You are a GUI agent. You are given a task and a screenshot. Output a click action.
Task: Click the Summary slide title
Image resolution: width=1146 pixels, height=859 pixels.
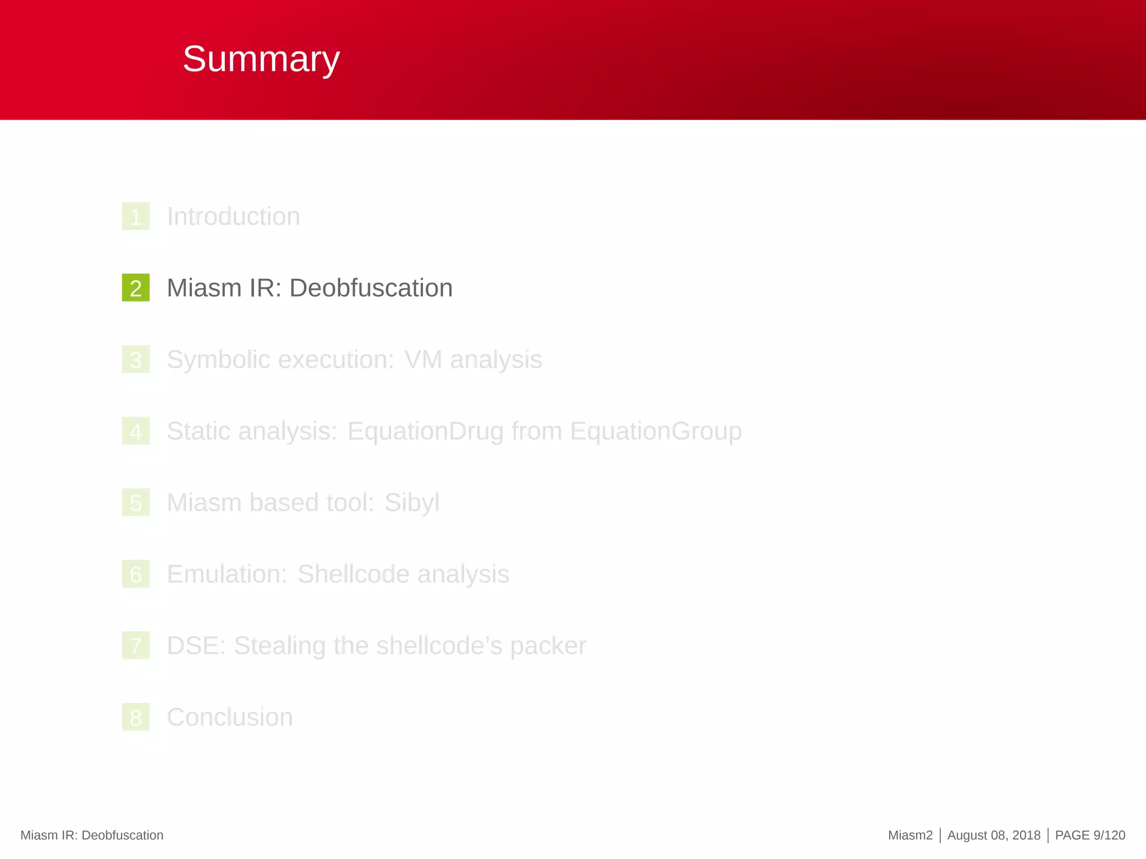tap(261, 59)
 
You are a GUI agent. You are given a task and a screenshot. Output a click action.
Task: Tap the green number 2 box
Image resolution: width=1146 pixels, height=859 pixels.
tap(136, 288)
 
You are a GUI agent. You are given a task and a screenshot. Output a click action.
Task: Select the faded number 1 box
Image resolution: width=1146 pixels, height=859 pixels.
tap(136, 216)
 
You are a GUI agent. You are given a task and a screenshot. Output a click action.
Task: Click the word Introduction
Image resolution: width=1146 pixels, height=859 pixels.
tap(233, 216)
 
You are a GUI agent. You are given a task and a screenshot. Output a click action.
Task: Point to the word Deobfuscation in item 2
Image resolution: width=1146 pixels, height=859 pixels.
tap(370, 288)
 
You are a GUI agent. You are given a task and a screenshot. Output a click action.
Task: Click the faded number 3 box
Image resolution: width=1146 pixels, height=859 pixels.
tap(136, 360)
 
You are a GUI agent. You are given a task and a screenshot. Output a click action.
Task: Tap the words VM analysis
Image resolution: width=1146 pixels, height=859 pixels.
tap(473, 360)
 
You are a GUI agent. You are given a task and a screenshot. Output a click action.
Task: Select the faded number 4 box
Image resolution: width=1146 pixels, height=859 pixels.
tap(136, 431)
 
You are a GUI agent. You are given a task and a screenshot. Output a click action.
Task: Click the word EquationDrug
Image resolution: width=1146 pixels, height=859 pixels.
tap(425, 431)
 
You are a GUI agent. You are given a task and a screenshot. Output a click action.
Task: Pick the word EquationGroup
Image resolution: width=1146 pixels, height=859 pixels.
tap(656, 431)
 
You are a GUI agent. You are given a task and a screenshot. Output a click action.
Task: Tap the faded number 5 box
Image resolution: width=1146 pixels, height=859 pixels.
tap(136, 503)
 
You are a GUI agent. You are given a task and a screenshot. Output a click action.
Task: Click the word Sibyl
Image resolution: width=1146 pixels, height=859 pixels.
tap(411, 503)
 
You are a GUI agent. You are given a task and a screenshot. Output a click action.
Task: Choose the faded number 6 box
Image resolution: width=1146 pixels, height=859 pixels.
tap(136, 574)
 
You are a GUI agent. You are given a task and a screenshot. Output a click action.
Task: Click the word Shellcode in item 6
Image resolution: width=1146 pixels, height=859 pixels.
tap(353, 574)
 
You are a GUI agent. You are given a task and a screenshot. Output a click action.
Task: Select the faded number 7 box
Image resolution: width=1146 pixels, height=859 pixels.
tap(136, 646)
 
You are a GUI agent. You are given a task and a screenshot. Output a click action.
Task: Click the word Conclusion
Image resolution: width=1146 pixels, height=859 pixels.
tap(229, 718)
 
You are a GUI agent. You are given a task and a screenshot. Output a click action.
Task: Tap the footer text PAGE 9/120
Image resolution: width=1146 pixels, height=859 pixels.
tap(1089, 836)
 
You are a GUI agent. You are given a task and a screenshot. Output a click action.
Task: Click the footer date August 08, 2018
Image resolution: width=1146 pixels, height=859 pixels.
tap(993, 836)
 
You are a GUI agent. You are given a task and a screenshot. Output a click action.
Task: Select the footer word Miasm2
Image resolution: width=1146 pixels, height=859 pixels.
tap(910, 836)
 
